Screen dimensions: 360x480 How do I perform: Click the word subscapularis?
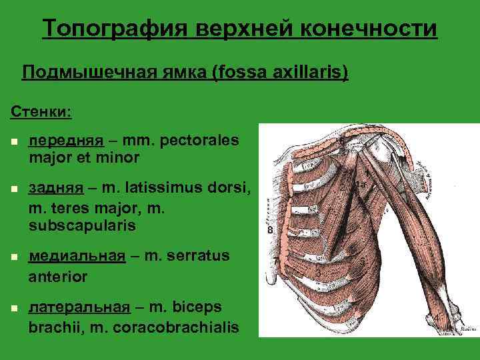point(82,226)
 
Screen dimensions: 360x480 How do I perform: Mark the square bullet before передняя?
point(13,142)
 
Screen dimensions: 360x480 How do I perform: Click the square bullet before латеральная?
point(13,309)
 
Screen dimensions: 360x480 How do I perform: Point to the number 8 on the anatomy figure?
point(270,231)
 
